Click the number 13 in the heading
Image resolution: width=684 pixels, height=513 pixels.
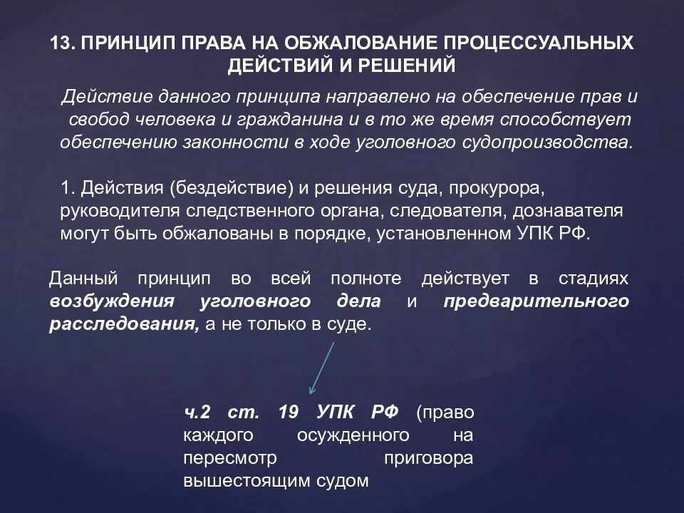(60, 43)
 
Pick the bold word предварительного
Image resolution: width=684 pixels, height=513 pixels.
(536, 301)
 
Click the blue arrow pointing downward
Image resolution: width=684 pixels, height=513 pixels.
(322, 367)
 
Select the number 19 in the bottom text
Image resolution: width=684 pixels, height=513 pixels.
(309, 413)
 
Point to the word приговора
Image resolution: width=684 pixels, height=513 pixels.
(428, 457)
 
